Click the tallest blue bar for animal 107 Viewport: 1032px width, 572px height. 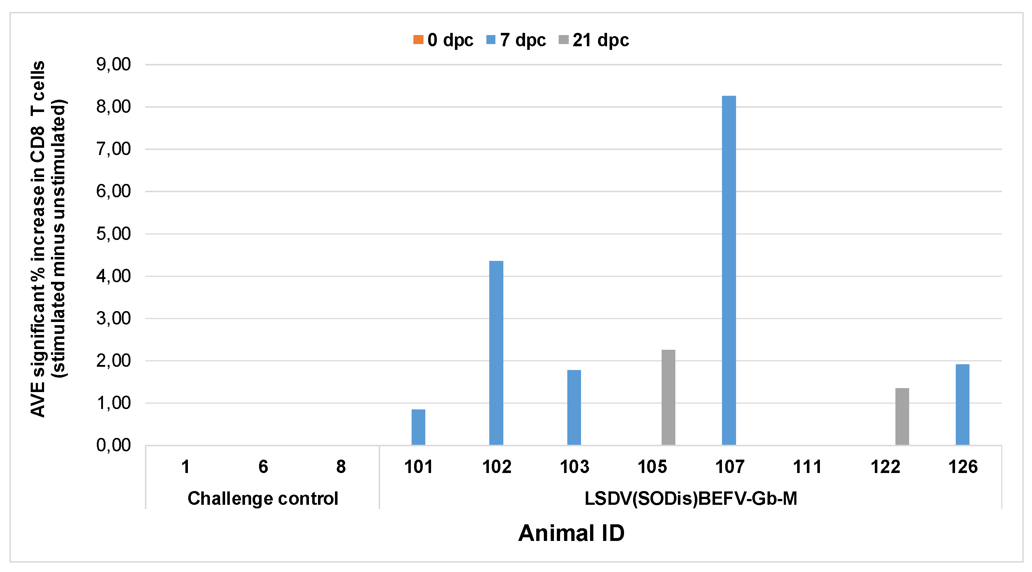(728, 270)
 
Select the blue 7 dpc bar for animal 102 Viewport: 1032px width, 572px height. (496, 353)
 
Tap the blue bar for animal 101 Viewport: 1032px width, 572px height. (418, 427)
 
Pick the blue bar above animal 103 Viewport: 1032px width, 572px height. (574, 407)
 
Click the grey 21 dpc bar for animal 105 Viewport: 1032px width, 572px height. (668, 397)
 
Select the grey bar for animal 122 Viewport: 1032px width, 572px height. (902, 417)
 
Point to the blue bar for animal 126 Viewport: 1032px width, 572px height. (962, 405)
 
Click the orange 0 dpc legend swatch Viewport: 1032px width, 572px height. (418, 40)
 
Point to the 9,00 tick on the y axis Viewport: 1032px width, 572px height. (113, 64)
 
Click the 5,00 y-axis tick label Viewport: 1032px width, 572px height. (113, 234)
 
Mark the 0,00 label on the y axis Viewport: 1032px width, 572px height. (113, 445)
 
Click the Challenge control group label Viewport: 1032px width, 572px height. (263, 499)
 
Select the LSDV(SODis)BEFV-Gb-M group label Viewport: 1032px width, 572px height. (690, 499)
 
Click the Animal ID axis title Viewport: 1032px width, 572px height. (571, 533)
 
